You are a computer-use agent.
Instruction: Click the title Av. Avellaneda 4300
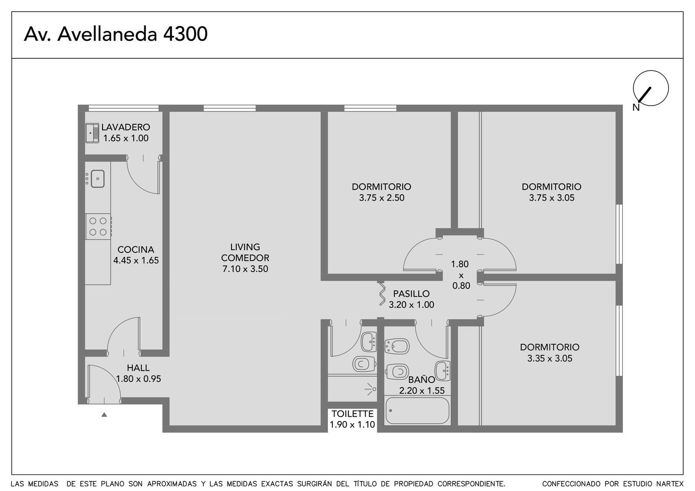[x=116, y=34]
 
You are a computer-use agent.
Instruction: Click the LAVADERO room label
[x=126, y=127]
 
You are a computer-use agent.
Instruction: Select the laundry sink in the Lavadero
[x=92, y=133]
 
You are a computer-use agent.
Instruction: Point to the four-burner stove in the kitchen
[x=98, y=226]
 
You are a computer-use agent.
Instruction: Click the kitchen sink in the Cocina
[x=97, y=179]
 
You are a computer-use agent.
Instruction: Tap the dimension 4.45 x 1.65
[x=136, y=260]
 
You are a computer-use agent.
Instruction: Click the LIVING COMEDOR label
[x=245, y=252]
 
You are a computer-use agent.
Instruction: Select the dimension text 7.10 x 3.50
[x=245, y=269]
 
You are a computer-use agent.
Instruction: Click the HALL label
[x=138, y=368]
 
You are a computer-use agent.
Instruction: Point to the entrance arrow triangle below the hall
[x=104, y=415]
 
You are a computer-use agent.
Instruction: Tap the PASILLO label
[x=411, y=294]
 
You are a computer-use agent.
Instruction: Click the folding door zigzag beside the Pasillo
[x=383, y=294]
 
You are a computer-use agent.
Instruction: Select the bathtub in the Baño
[x=417, y=411]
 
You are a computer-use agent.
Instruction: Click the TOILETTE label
[x=352, y=414]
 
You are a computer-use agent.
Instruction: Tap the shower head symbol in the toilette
[x=371, y=389]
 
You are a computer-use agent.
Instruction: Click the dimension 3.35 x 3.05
[x=549, y=358]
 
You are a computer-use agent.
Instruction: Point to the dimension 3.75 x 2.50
[x=382, y=198]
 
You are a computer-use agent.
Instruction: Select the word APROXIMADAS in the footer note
[x=172, y=484]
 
